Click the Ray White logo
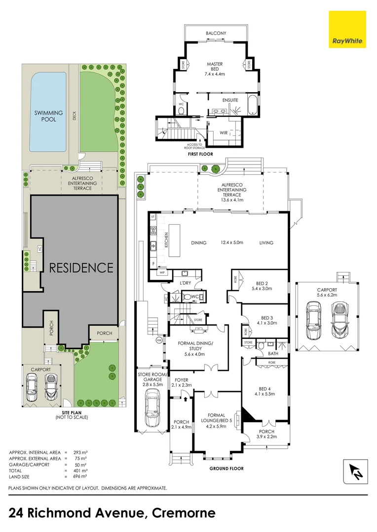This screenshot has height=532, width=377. tap(347, 29)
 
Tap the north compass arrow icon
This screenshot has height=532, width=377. tap(356, 471)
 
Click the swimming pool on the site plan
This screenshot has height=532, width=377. tap(47, 112)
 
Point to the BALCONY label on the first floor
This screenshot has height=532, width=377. tap(216, 33)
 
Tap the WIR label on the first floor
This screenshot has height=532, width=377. tap(224, 133)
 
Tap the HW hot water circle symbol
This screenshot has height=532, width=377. tap(159, 340)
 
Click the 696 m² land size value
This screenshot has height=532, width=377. tap(80, 477)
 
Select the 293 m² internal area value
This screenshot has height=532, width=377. tap(80, 452)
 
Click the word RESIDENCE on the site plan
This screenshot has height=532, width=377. tap(81, 267)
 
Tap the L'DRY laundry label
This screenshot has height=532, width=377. tap(185, 283)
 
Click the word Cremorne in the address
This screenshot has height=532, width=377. tap(184, 512)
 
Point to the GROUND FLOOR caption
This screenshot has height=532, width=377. tap(226, 468)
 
